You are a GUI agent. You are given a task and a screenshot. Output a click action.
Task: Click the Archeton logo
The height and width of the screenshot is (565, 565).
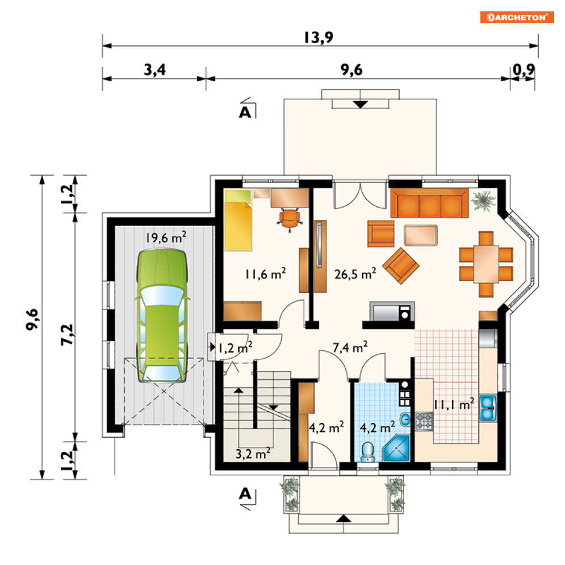pyautogui.click(x=516, y=17)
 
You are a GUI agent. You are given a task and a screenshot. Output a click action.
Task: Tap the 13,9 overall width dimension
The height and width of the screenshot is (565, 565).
pyautogui.click(x=319, y=37)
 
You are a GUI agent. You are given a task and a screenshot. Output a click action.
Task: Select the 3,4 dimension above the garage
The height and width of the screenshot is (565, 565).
pyautogui.click(x=154, y=69)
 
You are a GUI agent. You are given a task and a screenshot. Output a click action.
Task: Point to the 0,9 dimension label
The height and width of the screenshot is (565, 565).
pyautogui.click(x=524, y=69)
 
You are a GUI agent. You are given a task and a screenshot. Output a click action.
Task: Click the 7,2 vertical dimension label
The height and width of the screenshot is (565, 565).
pyautogui.click(x=68, y=335)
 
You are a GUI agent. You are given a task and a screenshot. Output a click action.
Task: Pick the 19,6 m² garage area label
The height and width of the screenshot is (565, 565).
pyautogui.click(x=166, y=237)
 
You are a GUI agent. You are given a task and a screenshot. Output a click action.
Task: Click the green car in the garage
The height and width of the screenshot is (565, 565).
pyautogui.click(x=162, y=315)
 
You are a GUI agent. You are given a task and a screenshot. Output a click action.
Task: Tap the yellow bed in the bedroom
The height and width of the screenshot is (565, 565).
pyautogui.click(x=238, y=220)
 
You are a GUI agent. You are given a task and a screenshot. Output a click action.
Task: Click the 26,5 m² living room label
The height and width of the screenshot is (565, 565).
pyautogui.click(x=355, y=274)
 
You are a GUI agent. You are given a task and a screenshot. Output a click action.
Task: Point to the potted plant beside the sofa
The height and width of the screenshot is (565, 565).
pyautogui.click(x=483, y=200)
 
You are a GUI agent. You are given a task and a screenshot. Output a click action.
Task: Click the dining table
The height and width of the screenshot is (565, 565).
pyautogui.click(x=486, y=264)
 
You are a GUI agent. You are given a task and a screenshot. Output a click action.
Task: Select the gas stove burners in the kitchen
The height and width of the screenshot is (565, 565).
pyautogui.click(x=424, y=421)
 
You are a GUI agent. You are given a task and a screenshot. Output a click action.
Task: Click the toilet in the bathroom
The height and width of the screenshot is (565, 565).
pyautogui.click(x=368, y=452)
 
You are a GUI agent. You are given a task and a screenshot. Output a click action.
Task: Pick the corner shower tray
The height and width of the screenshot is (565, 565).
pyautogui.click(x=396, y=448)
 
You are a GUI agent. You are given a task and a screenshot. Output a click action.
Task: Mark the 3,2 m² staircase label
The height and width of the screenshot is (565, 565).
pyautogui.click(x=253, y=453)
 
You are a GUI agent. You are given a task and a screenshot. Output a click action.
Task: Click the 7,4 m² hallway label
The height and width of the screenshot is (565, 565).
pyautogui.click(x=350, y=348)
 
